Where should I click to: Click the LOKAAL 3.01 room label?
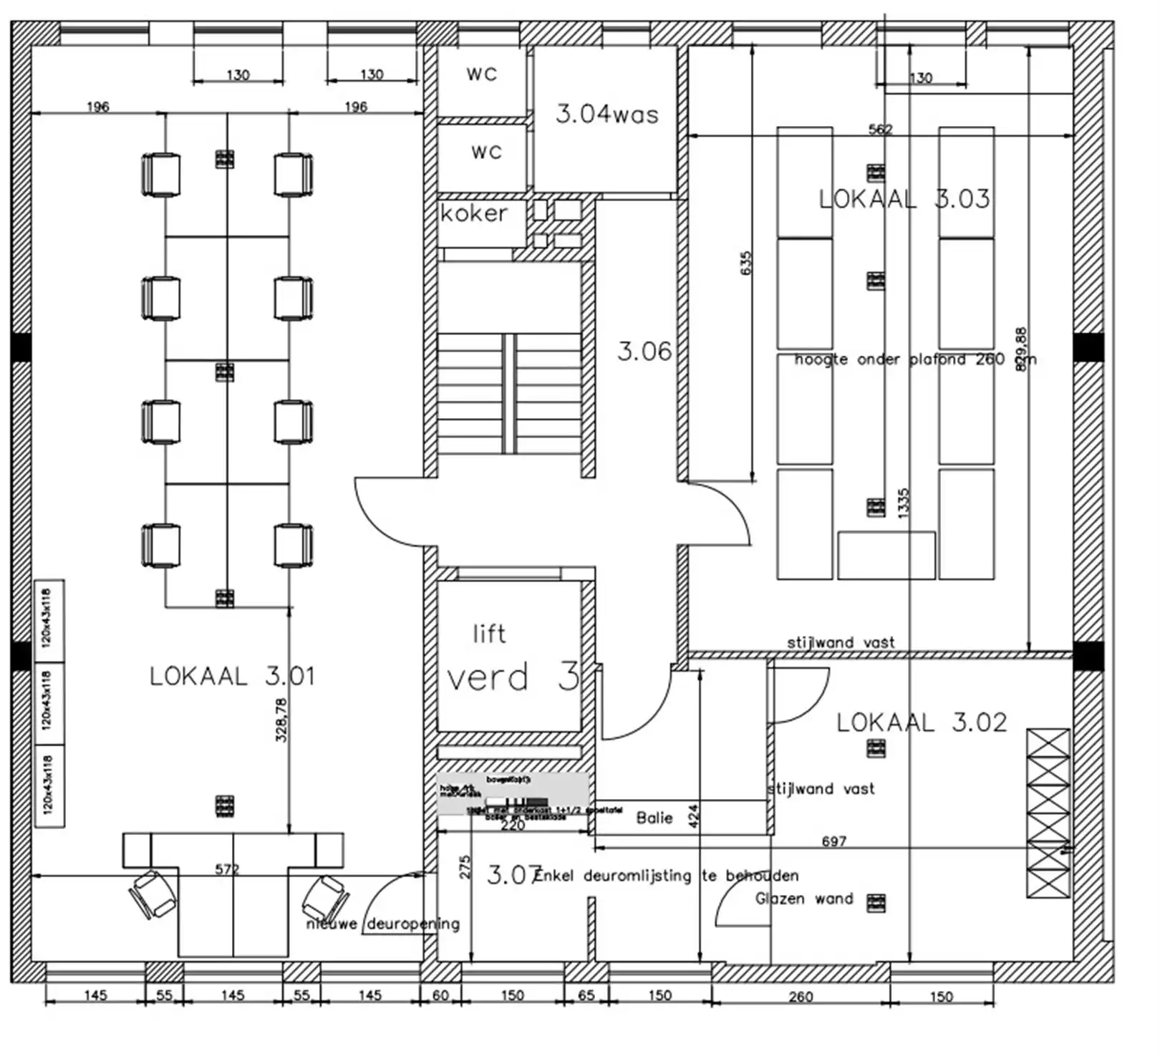click(231, 676)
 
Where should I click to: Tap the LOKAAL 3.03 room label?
click(904, 199)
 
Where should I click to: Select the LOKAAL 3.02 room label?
click(922, 722)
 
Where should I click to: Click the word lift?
click(489, 634)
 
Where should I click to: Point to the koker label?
click(473, 213)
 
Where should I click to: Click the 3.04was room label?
click(606, 115)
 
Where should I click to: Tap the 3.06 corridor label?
click(644, 352)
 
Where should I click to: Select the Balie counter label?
click(654, 818)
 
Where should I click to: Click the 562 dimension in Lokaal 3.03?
click(880, 129)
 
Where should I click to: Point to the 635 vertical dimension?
click(746, 263)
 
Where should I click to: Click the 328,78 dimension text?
click(281, 720)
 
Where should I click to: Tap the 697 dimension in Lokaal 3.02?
click(834, 841)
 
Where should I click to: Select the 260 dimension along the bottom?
click(801, 997)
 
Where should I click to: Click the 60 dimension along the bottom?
click(440, 995)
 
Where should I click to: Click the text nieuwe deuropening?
click(382, 924)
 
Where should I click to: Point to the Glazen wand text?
click(804, 899)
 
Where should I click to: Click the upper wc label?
click(481, 74)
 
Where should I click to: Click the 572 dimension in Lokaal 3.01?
click(226, 869)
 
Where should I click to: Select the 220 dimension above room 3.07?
click(513, 825)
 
